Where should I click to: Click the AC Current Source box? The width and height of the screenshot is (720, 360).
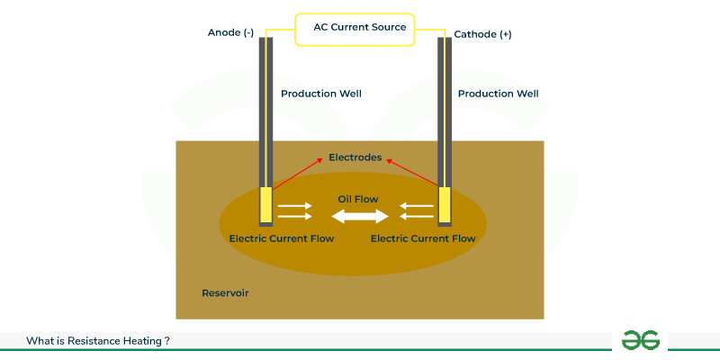click(x=359, y=29)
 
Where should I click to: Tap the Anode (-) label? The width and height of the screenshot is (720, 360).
click(x=230, y=32)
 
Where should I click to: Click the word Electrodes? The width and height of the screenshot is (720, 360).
click(x=355, y=157)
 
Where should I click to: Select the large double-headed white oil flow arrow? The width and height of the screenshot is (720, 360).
click(x=359, y=216)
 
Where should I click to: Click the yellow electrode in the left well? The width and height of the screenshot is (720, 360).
click(x=265, y=204)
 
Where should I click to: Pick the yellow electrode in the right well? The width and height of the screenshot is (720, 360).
click(x=444, y=204)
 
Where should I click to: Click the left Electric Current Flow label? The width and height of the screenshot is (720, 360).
click(x=282, y=238)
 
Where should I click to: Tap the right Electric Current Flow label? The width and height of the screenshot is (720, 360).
click(x=423, y=238)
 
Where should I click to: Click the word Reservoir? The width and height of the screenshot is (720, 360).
click(x=225, y=293)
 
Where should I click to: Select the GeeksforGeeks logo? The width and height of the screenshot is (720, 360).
click(x=641, y=340)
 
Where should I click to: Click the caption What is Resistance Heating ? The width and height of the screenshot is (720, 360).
click(x=98, y=341)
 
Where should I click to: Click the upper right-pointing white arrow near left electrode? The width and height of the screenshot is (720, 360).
click(x=295, y=206)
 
